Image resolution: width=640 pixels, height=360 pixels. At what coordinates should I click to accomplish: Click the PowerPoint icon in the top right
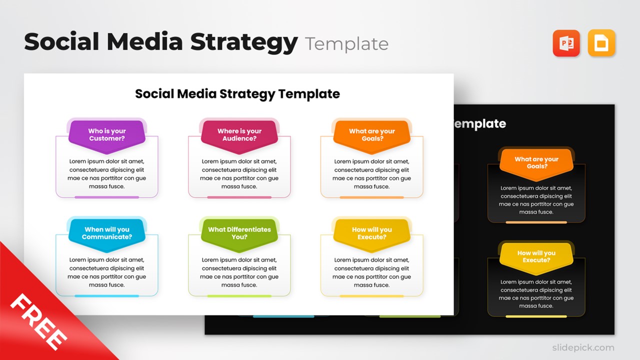(566, 43)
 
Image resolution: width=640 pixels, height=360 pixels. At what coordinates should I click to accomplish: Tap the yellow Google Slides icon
(601, 43)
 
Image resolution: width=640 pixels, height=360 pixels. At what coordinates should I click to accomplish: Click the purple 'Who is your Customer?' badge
(107, 135)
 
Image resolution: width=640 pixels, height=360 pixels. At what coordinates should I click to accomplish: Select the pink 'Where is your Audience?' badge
(239, 135)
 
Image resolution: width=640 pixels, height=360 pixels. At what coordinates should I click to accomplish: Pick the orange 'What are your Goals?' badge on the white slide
(372, 135)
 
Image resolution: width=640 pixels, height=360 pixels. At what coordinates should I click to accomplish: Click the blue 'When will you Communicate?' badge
(107, 233)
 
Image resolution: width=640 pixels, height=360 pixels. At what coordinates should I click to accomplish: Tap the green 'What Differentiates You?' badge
(239, 233)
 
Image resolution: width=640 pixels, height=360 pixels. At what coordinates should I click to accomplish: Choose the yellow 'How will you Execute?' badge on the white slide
(372, 233)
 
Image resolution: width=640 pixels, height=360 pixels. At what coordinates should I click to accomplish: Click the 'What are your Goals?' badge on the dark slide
(536, 163)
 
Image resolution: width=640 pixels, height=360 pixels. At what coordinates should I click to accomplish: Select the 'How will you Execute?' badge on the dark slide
(536, 257)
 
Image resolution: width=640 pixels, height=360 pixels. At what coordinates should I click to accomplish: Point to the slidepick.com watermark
(583, 347)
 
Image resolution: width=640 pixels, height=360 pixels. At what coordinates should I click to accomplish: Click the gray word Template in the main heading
(346, 44)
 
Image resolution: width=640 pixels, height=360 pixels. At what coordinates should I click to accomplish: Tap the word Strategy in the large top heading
(244, 42)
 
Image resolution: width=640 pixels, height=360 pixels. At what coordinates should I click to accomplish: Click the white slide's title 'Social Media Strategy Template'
(237, 93)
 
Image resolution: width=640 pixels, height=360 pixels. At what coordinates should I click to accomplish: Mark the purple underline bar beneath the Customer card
(107, 197)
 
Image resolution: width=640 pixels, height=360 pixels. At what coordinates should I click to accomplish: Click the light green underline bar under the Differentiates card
(239, 296)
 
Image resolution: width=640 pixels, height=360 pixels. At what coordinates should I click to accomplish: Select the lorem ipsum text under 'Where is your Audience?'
(239, 174)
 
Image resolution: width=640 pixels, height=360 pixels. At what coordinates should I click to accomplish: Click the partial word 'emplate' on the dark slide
(480, 124)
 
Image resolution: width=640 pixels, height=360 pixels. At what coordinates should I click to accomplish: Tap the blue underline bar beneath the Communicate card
(107, 296)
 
